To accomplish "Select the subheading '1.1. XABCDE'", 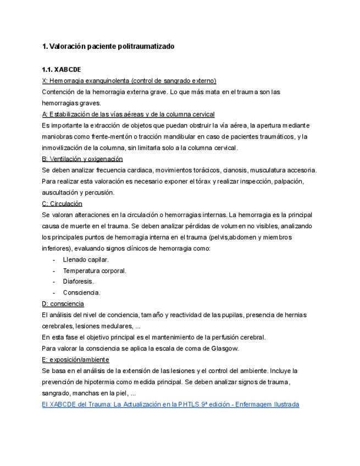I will pos(61,70).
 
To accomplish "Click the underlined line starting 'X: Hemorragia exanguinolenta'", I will pos(129,81).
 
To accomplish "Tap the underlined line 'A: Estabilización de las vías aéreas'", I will pos(128,114).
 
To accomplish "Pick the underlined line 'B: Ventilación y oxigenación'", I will pos(82,159).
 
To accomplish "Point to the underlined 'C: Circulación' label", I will pos(62,203).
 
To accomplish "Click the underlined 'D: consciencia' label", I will pos(63,303).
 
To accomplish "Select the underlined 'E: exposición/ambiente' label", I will pos(75,359).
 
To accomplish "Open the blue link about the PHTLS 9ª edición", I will pos(170,404).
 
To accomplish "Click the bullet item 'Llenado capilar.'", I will pos(86,259).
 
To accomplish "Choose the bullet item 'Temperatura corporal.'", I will pos(95,270).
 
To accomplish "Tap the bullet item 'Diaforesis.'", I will pos(78,281).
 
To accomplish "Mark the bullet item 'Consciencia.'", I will pos(81,292).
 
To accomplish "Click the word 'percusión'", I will pos(100,192).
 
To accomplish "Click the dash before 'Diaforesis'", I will pos(54,281).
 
